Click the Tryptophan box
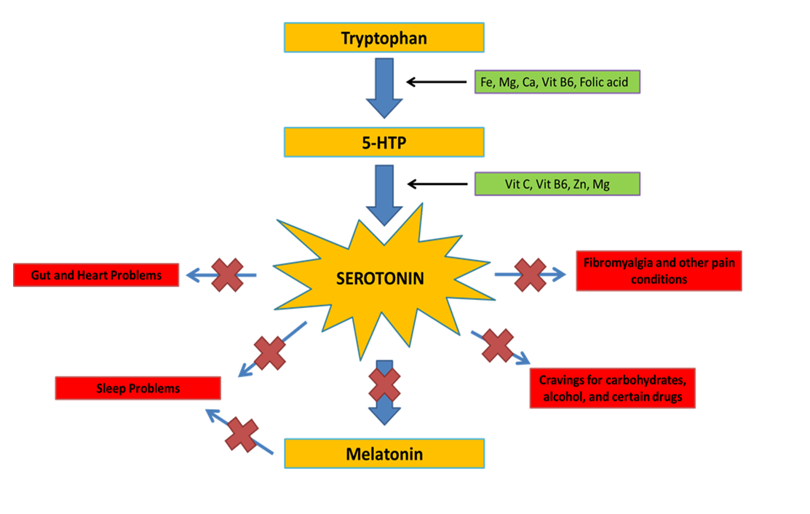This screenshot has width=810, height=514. click(384, 38)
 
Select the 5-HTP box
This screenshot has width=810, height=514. click(384, 143)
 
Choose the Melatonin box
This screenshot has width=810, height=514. click(384, 454)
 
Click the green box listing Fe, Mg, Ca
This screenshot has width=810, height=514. click(557, 82)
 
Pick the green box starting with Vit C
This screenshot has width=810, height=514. click(557, 184)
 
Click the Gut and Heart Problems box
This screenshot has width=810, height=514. click(96, 275)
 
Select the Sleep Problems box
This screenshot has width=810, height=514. click(138, 388)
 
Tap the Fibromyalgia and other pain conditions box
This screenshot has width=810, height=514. click(659, 270)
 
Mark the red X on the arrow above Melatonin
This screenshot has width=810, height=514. click(384, 385)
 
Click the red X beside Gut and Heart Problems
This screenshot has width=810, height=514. click(227, 275)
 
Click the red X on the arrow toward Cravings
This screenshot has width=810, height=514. click(499, 345)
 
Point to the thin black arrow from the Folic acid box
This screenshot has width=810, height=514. click(436, 82)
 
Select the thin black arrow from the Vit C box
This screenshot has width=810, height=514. click(436, 184)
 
